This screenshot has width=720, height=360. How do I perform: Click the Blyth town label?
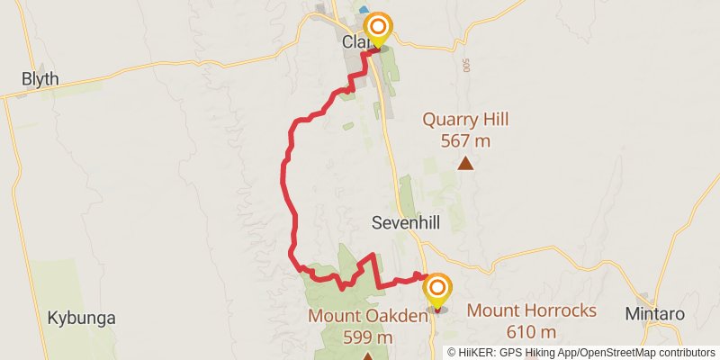coord(40,79)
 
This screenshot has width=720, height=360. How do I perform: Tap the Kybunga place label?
coord(82,318)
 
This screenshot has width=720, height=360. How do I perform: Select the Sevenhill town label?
coord(406,222)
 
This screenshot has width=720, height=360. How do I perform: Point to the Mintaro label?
coord(655,314)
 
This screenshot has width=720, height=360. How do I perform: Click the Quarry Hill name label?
coord(465,120)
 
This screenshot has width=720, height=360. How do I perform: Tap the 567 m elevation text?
coord(465,140)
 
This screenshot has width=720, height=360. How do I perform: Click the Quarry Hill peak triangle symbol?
coord(465,163)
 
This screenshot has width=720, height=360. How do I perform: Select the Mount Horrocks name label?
coord(532,311)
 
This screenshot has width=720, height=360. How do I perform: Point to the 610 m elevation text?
coord(532,333)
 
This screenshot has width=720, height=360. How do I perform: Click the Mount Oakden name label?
coord(366,316)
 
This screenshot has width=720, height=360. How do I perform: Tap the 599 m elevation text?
coord(366,337)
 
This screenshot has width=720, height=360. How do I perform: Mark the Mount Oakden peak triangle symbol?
coord(366,356)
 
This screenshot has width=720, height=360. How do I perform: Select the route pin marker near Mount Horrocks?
coord(437,289)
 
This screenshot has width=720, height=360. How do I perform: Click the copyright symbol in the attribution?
coord(453,353)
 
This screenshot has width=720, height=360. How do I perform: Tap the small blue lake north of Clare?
coord(364,10)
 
